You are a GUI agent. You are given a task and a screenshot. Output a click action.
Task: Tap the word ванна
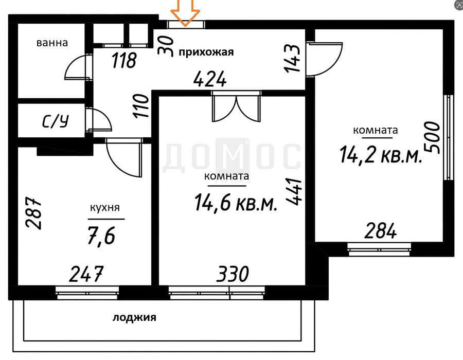(x=52, y=43)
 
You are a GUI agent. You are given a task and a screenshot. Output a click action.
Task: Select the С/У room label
(x=56, y=121)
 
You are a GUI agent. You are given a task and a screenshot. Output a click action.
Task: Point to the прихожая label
(x=206, y=52)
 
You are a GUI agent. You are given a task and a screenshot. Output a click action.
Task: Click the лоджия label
(x=134, y=318)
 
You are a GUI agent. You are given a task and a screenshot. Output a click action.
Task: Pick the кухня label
(x=105, y=208)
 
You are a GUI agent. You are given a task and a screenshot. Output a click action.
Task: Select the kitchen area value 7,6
(x=101, y=235)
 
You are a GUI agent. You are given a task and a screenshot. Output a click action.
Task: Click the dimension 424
(x=210, y=79)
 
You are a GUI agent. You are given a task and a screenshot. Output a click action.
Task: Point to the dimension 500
(x=432, y=137)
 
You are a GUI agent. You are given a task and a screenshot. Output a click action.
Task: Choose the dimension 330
(x=233, y=274)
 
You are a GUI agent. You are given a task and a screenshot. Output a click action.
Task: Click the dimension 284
(x=380, y=231)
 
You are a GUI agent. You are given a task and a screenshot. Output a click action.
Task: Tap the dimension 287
(x=33, y=212)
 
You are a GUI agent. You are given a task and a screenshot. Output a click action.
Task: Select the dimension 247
(x=86, y=274)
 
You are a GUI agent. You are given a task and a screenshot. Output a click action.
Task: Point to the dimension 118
(x=124, y=60)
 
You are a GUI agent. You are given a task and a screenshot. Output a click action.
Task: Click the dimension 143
(x=292, y=58)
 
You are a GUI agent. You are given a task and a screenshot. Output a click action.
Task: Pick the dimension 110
(x=140, y=106)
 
